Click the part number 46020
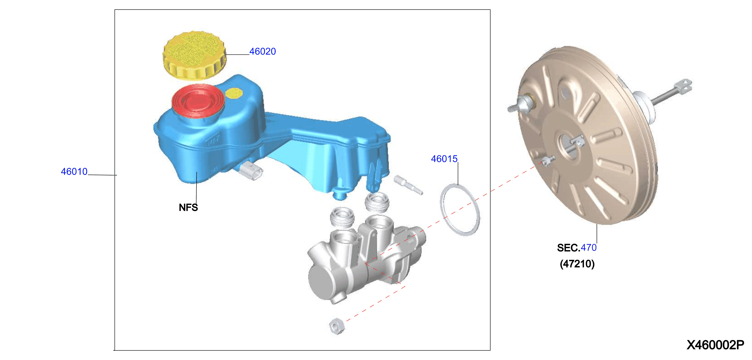263,51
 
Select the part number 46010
74,172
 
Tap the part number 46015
444,159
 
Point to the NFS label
188,207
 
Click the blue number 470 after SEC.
588,247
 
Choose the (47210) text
577,264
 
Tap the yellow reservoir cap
194,55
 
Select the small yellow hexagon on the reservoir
234,93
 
